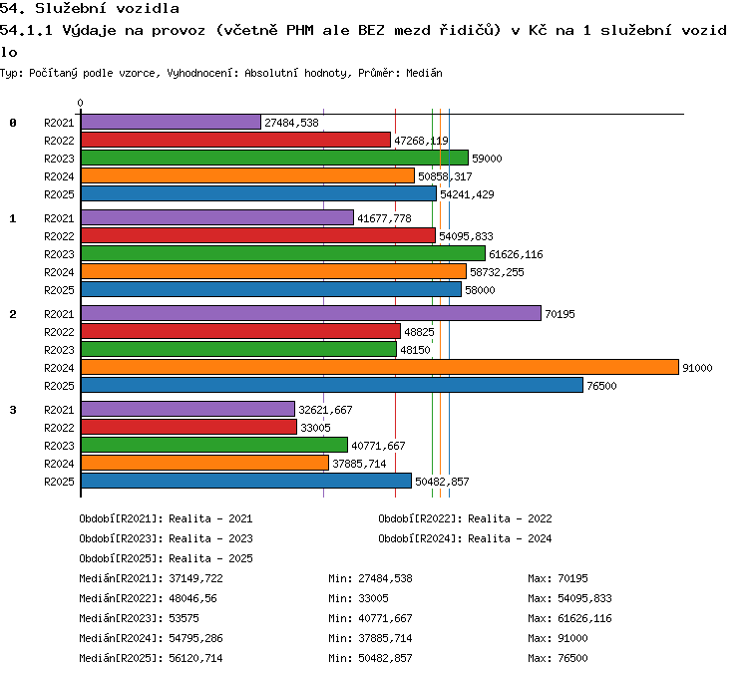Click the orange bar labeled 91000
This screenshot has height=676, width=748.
click(x=380, y=367)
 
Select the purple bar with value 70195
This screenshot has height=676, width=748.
click(x=311, y=313)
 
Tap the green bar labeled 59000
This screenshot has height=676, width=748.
click(x=275, y=158)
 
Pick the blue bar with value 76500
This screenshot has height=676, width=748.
click(x=332, y=385)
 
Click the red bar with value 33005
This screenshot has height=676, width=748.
click(x=188, y=427)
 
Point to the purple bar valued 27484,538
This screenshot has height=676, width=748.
click(x=171, y=122)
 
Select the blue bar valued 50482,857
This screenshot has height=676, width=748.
click(x=246, y=481)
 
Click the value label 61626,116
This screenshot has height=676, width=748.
click(x=516, y=254)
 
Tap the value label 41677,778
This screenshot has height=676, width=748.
click(x=384, y=218)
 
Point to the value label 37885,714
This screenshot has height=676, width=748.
click(x=359, y=464)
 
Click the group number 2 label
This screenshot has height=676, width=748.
click(x=13, y=314)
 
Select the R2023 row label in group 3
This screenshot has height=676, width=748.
click(x=59, y=446)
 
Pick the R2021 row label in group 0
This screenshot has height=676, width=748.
click(x=59, y=123)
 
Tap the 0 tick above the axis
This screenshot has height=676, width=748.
click(x=80, y=103)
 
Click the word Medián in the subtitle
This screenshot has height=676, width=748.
click(x=424, y=73)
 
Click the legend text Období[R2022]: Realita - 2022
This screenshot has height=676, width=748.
click(x=465, y=518)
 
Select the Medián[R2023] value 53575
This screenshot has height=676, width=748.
click(x=184, y=618)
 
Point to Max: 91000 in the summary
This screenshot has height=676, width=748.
click(x=558, y=638)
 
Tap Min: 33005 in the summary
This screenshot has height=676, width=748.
click(x=358, y=598)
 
